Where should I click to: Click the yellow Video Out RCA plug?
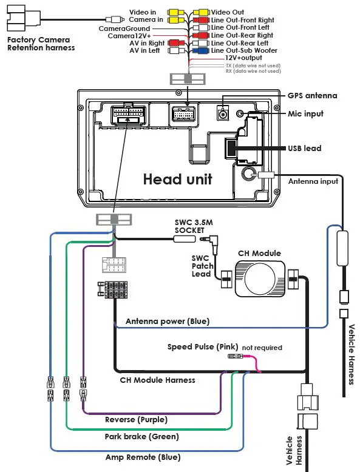(x=201, y=12)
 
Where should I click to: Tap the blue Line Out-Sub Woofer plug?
(x=201, y=50)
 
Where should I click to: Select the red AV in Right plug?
(x=176, y=42)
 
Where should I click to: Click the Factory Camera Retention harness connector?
(x=24, y=19)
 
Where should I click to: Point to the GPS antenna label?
(x=312, y=96)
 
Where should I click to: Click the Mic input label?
(x=305, y=114)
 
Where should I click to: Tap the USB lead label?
(x=304, y=148)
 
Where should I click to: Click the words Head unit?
(x=177, y=179)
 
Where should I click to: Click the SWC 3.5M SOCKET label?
(x=194, y=226)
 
